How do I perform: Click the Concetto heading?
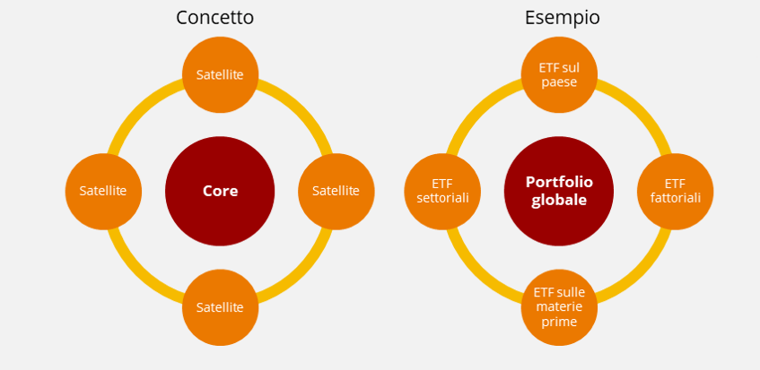[215, 17]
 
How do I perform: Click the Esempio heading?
[563, 17]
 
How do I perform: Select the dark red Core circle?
[220, 191]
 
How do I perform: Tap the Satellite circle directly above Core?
[220, 74]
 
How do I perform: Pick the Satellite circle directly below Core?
[220, 307]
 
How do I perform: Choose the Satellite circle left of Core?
[103, 191]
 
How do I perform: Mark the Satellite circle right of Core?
[336, 191]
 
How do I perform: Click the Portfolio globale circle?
[559, 191]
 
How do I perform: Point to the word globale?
[559, 201]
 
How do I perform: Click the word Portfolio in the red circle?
[559, 181]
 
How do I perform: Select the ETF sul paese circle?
[559, 74]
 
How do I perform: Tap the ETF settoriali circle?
[442, 191]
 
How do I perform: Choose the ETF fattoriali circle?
[675, 191]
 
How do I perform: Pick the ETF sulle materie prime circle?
[559, 307]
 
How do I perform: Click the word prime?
[559, 322]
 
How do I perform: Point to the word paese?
[559, 82]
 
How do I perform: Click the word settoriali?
[442, 198]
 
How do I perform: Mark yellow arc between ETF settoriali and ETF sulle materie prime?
[476, 273]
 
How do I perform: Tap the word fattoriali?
[675, 198]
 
